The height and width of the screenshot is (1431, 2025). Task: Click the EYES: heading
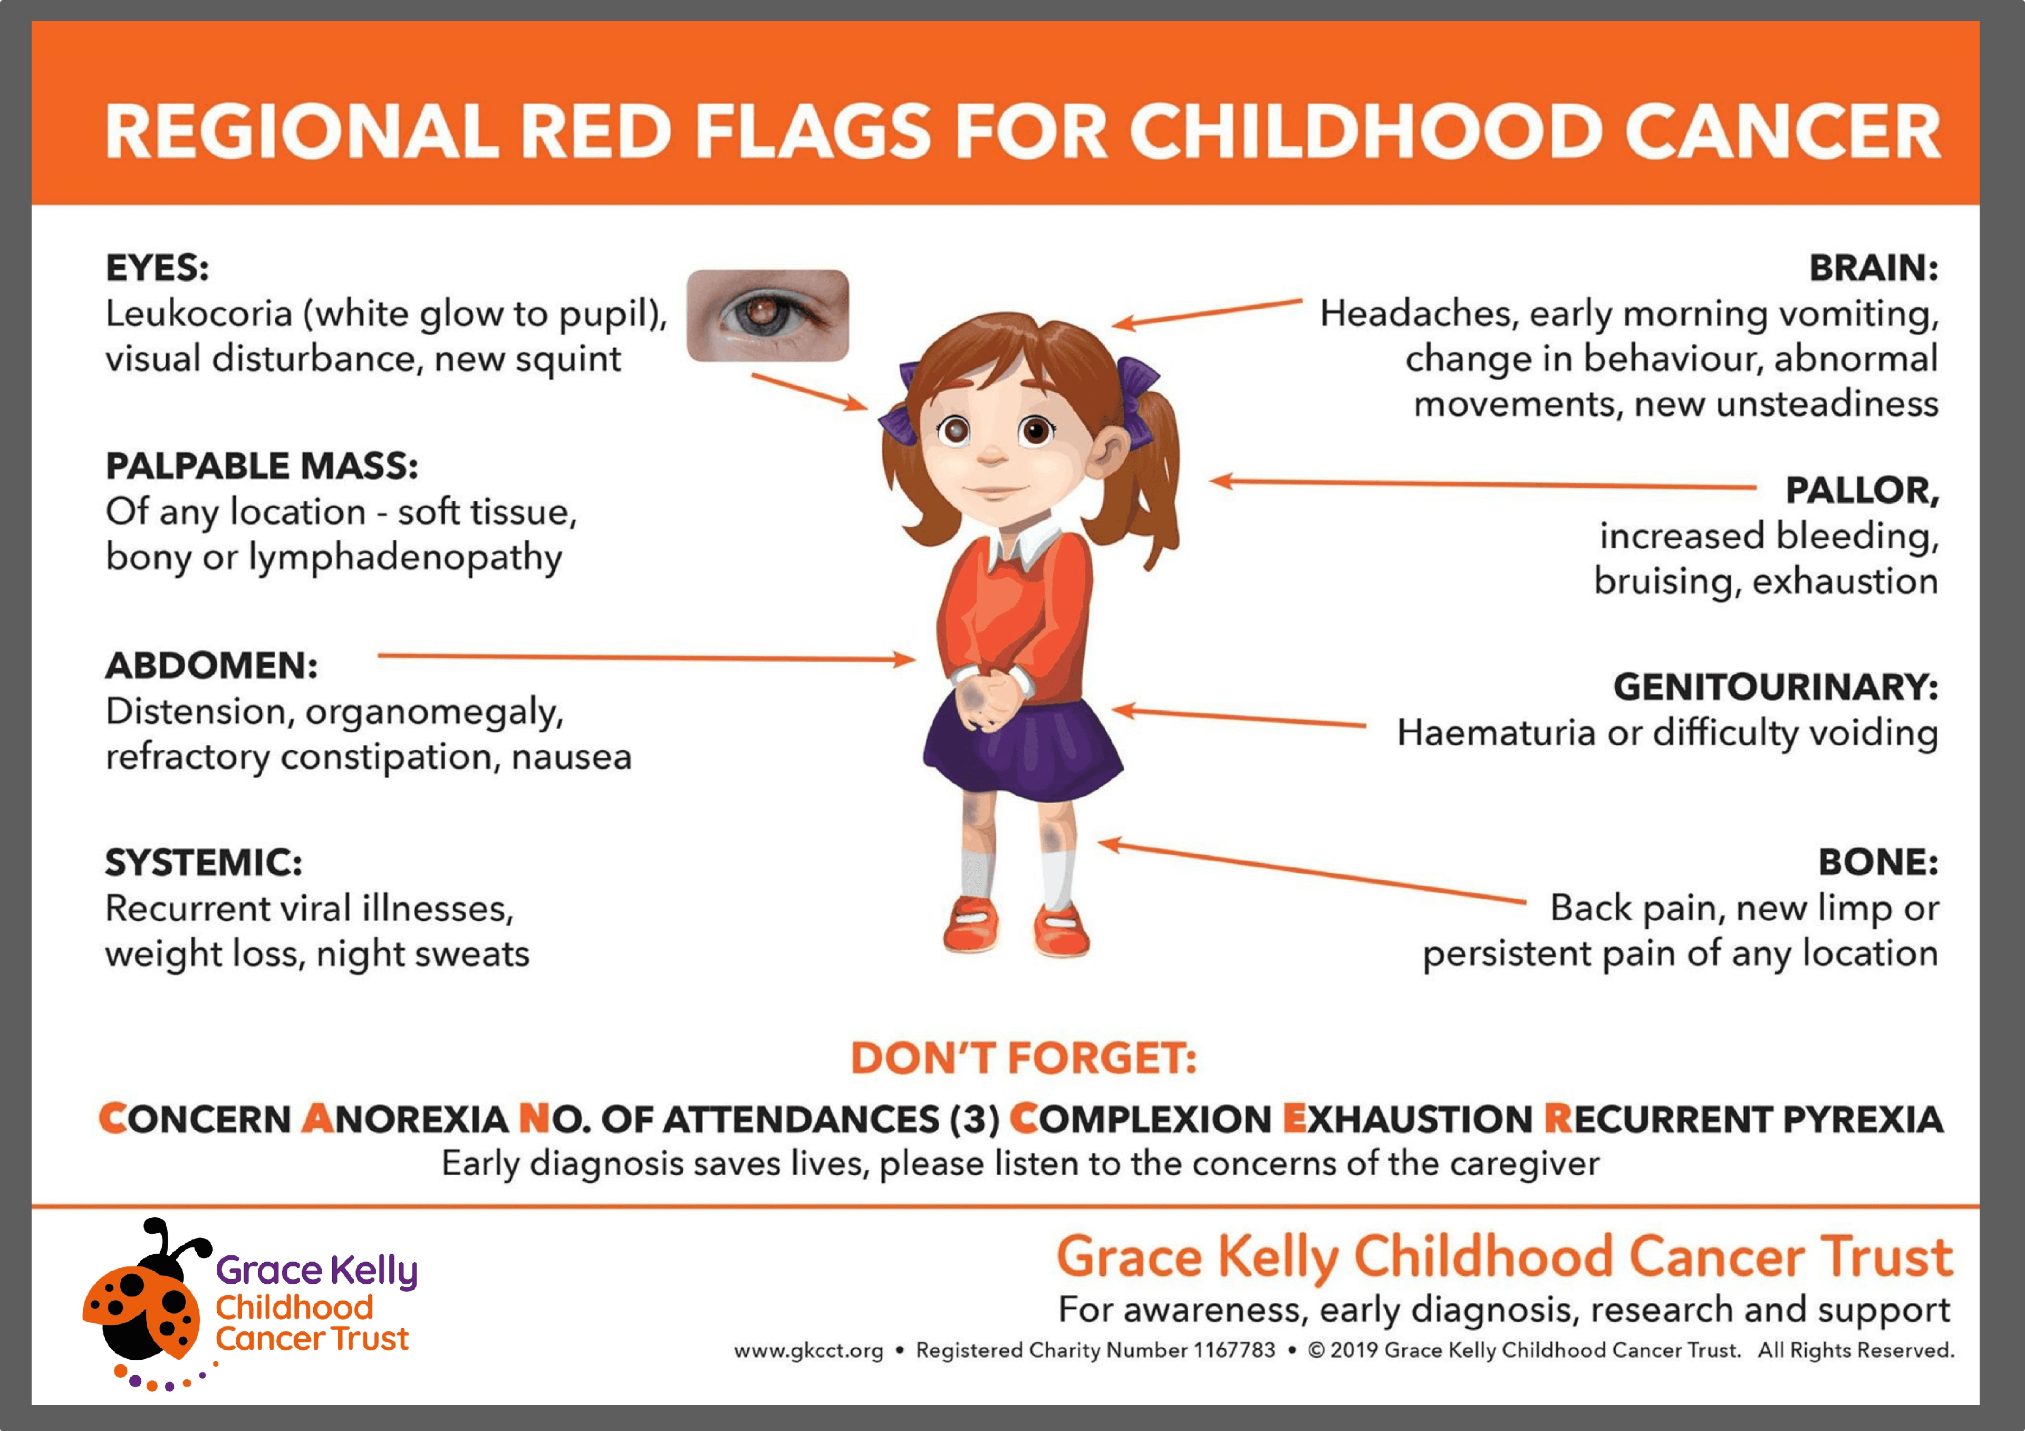157,268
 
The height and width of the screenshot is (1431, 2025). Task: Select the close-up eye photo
767,315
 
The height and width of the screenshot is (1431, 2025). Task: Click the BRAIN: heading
1873,268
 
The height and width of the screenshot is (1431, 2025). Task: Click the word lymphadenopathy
405,558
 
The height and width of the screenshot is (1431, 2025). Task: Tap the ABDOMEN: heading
211,665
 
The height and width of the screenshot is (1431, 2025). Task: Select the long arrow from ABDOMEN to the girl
644,657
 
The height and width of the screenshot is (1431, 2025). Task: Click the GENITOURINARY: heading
1776,686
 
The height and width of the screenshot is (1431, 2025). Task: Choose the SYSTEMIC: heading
204,862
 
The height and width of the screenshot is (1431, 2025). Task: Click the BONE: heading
1878,862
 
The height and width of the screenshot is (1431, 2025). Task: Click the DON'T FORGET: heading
1023,1058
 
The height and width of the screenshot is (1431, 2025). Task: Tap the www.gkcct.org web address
808,1351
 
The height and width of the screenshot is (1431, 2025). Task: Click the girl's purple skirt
1023,750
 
